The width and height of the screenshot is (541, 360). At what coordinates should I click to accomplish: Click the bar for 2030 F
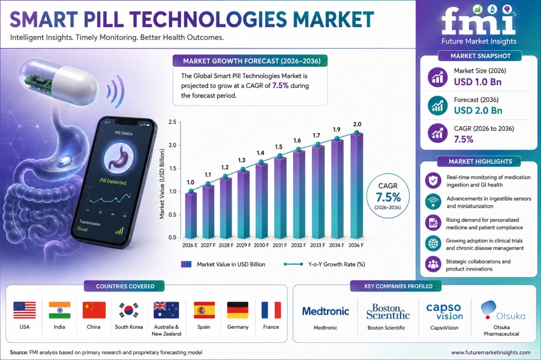(x=262, y=201)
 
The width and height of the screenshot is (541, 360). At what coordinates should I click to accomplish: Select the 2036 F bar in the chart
(x=357, y=186)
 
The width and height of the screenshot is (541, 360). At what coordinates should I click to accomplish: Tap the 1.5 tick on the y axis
(x=172, y=168)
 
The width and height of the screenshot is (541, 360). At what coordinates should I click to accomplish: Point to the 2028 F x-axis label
(x=226, y=245)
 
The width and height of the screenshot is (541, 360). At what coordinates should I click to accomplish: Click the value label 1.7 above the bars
(x=317, y=136)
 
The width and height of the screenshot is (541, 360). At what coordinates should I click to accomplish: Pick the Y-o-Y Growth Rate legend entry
(x=324, y=264)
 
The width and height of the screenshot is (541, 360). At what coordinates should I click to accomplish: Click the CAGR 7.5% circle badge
(x=388, y=196)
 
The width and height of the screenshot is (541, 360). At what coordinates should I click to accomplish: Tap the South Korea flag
(x=129, y=310)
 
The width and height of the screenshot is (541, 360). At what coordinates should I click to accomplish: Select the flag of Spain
(x=204, y=310)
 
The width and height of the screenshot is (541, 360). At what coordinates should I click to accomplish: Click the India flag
(x=60, y=310)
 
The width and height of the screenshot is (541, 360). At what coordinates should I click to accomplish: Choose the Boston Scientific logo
(x=388, y=311)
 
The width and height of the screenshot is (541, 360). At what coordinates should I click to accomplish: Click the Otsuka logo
(x=503, y=310)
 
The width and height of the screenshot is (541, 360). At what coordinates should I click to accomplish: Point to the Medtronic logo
(x=326, y=311)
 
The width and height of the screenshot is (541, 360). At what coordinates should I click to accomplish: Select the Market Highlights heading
(x=480, y=161)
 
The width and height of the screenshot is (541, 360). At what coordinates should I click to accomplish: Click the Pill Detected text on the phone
(x=113, y=182)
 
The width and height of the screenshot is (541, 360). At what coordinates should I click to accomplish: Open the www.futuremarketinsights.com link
(x=491, y=352)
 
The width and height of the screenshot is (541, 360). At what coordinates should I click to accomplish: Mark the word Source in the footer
(x=19, y=352)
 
